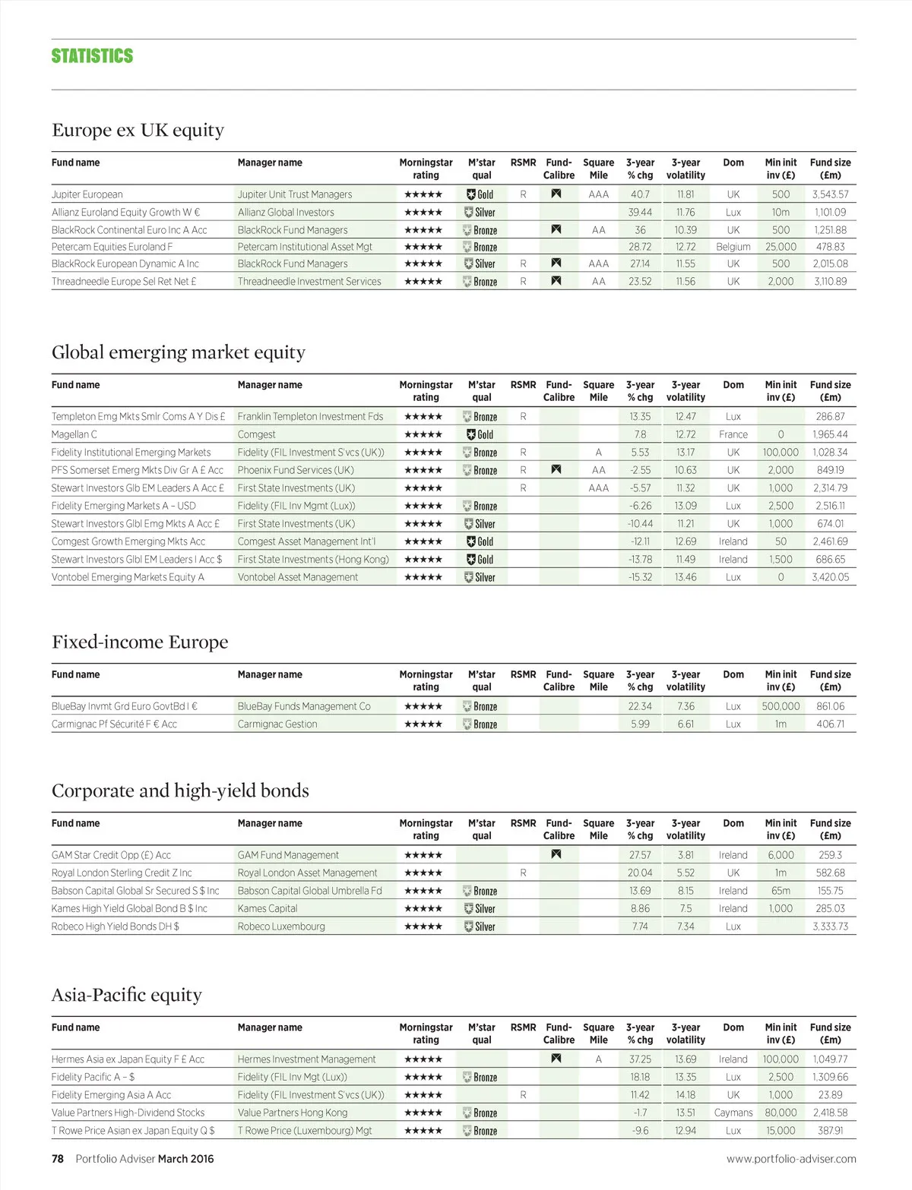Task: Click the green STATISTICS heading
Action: coord(92,56)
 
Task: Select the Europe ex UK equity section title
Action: coord(138,130)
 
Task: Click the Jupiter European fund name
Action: coord(87,194)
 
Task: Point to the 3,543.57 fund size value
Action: coord(830,194)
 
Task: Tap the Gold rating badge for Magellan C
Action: coord(480,434)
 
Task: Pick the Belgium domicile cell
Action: coord(733,247)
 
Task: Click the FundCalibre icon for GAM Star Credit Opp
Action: coord(556,855)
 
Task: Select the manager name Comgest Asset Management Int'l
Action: coord(306,541)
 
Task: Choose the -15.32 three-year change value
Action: coord(640,577)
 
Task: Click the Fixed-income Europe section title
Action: coord(140,642)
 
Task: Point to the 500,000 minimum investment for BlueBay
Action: coord(781,706)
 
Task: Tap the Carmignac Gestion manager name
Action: coord(277,724)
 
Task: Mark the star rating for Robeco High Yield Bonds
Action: coord(423,926)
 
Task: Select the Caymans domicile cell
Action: coord(733,1113)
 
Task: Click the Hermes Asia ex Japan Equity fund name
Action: coord(128,1059)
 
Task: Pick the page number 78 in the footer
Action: coord(58,1159)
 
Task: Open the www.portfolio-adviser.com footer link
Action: coord(791,1159)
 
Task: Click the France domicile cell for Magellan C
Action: coord(733,434)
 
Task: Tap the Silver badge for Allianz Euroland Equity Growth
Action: coord(480,213)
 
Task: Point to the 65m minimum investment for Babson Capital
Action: coord(781,891)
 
